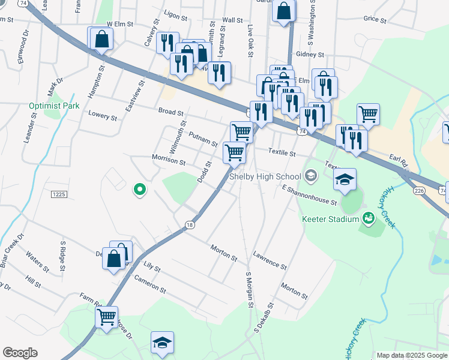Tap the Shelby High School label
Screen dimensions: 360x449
(264, 176)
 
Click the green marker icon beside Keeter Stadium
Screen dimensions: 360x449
(369, 218)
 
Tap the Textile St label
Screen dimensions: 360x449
(282, 153)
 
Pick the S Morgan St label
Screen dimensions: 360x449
(248, 291)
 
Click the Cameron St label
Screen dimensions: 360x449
(149, 284)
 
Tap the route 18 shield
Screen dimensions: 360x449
(190, 225)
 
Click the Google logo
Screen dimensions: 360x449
(20, 353)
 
